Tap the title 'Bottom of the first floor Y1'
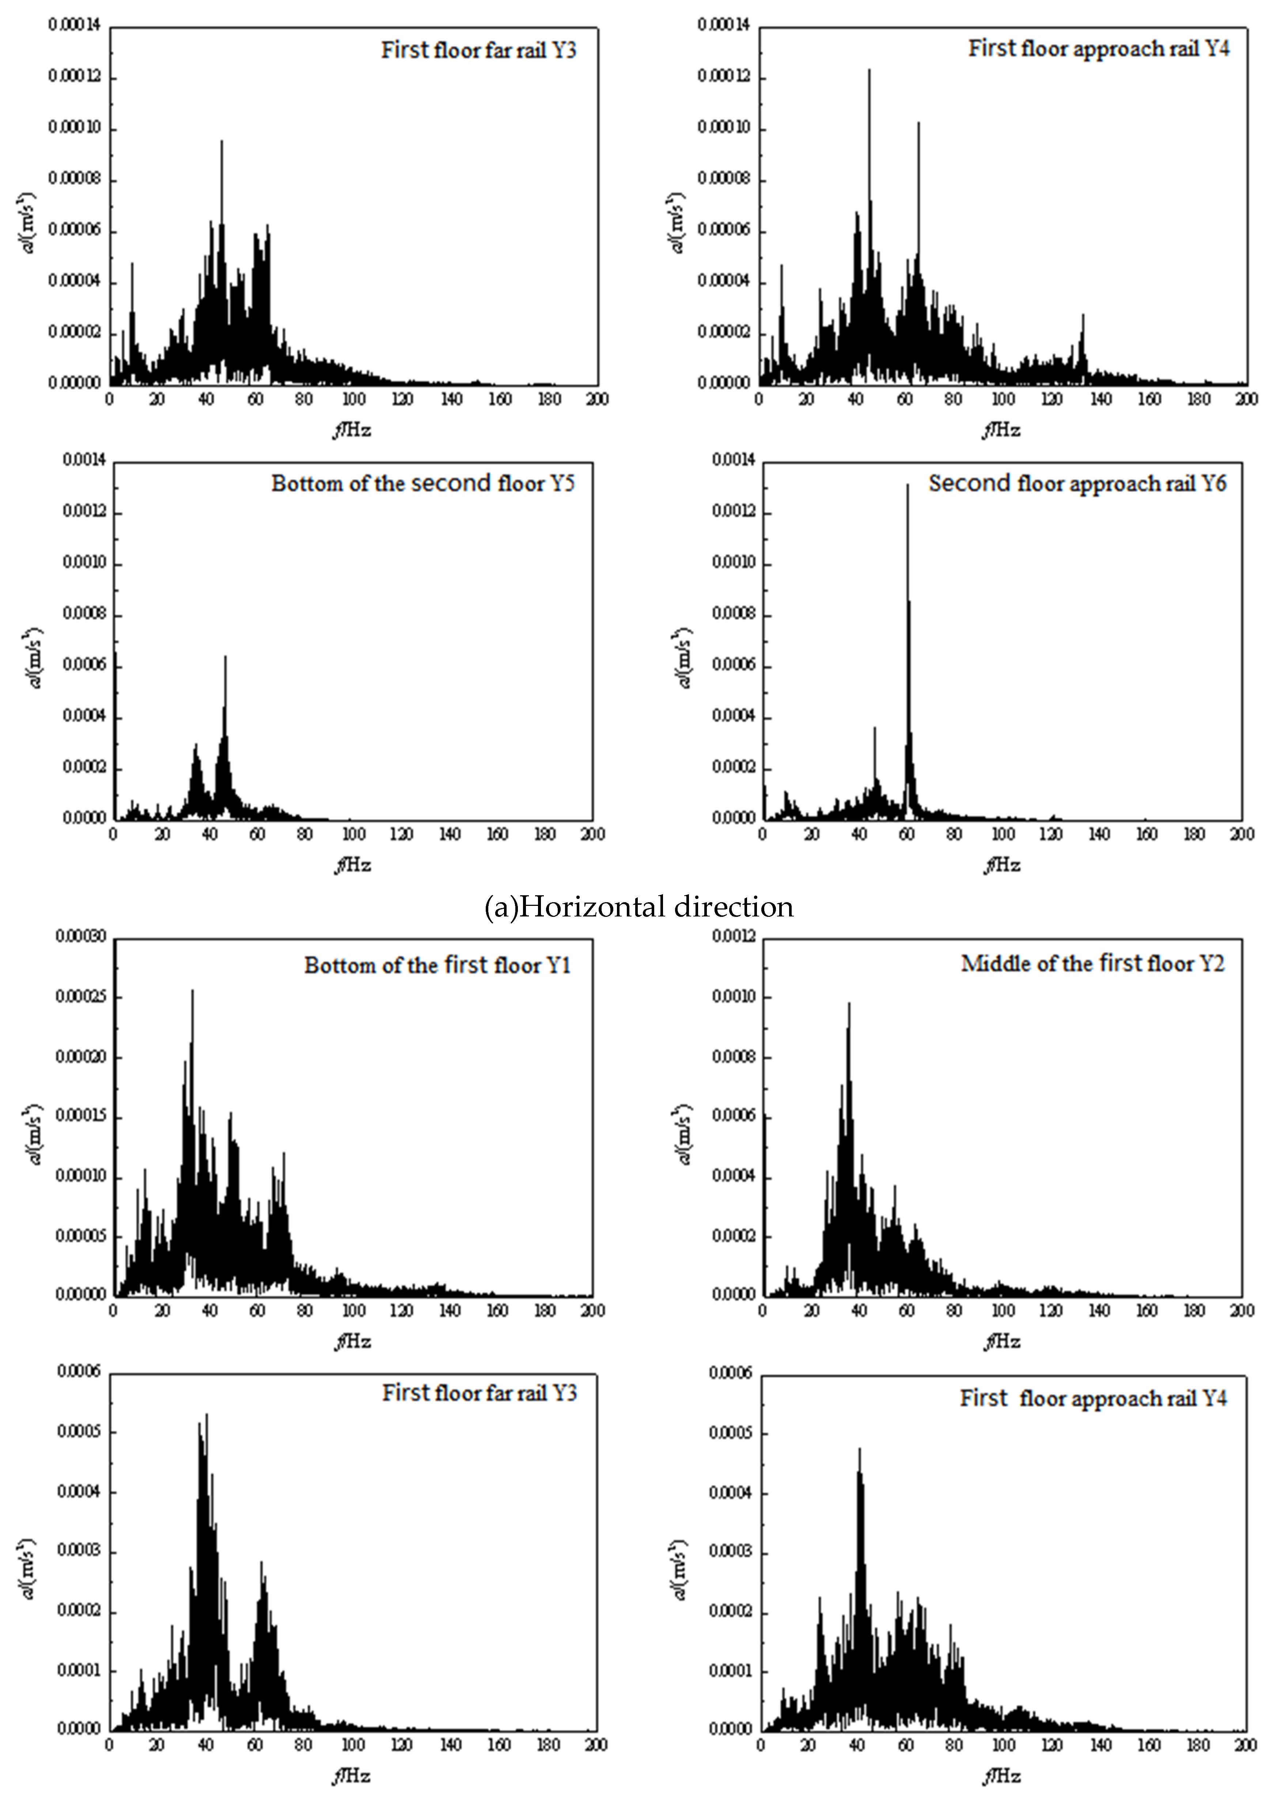437,965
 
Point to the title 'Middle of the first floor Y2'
1092,964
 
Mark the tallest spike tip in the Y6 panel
907,484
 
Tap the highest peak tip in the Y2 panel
849,1003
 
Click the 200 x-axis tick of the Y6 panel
1242,835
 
